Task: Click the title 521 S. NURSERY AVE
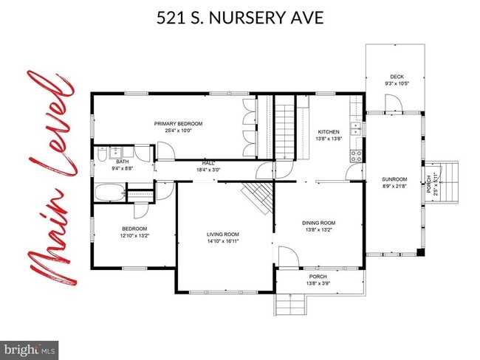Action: click(x=240, y=17)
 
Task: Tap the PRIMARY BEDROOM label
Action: click(x=178, y=124)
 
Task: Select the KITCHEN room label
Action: click(x=328, y=132)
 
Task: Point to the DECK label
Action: click(x=397, y=77)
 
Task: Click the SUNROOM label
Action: click(x=394, y=179)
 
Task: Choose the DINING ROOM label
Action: click(x=318, y=223)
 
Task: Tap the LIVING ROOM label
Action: click(x=222, y=235)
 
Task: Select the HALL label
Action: click(x=209, y=163)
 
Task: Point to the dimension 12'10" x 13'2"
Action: click(x=134, y=236)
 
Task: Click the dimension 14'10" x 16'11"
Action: click(x=222, y=242)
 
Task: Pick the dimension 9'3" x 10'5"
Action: click(x=397, y=83)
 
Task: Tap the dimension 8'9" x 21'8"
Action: click(x=394, y=186)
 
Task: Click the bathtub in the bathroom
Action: click(x=109, y=193)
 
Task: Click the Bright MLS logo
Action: click(x=30, y=348)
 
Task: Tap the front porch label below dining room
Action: click(x=318, y=277)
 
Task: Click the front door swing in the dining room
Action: click(x=287, y=258)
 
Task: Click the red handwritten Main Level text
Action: click(x=46, y=177)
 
